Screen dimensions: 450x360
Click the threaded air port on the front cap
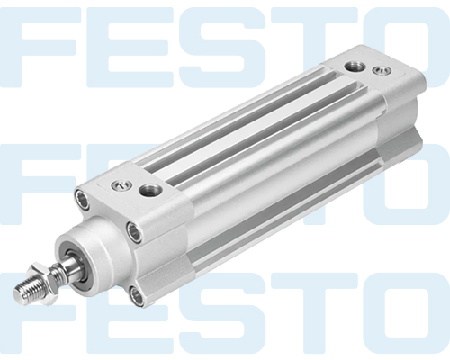pyautogui.click(x=150, y=190)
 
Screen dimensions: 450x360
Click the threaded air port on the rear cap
pyautogui.click(x=355, y=67)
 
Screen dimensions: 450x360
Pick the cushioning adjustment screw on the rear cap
pyautogui.click(x=382, y=71)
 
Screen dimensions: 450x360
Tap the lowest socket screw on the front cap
pyautogui.click(x=136, y=296)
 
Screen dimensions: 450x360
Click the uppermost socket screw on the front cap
pyautogui.click(x=83, y=199)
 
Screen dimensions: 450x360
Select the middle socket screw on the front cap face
pyautogui.click(x=134, y=232)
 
